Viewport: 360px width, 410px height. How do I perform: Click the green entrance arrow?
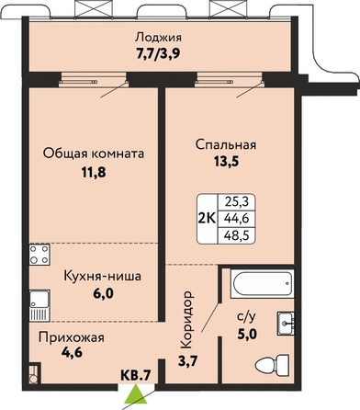coord(136,398)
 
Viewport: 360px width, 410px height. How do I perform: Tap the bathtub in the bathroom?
coord(263,283)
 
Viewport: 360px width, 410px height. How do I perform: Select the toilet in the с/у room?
coord(272,365)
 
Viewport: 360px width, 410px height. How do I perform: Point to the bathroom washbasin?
coord(286,323)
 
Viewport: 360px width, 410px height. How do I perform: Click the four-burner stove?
coord(39,255)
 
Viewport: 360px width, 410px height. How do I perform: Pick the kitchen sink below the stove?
coord(39,305)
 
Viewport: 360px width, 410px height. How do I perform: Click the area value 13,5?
coord(226,161)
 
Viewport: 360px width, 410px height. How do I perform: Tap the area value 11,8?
coord(94,173)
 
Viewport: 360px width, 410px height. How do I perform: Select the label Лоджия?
coord(159,38)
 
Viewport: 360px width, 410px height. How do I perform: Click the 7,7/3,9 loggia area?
coord(158,54)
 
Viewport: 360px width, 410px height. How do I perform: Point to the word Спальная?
coord(226,144)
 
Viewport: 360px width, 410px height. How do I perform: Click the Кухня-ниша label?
coord(103,276)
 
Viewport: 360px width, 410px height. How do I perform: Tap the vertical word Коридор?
coord(187,320)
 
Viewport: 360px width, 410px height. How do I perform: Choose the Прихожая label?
coord(72,337)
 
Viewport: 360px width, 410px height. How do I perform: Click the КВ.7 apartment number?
coord(136,374)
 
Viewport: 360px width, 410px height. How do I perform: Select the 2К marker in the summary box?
coord(208,219)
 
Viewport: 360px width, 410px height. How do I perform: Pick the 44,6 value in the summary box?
coord(236,219)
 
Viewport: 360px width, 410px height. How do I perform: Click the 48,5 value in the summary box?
coord(236,235)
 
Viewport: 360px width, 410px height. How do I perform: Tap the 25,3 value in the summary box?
coord(236,202)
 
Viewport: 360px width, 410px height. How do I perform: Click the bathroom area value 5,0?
coord(247,334)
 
